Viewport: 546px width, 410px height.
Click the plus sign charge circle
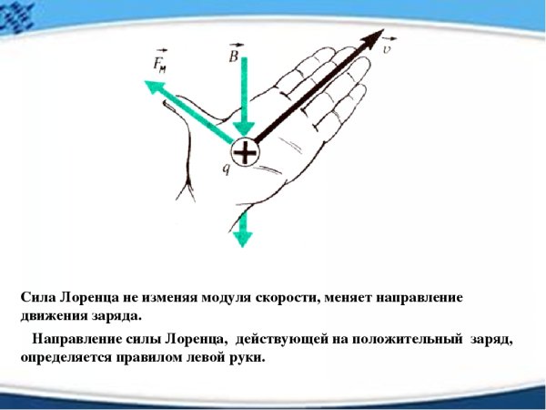(244, 152)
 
